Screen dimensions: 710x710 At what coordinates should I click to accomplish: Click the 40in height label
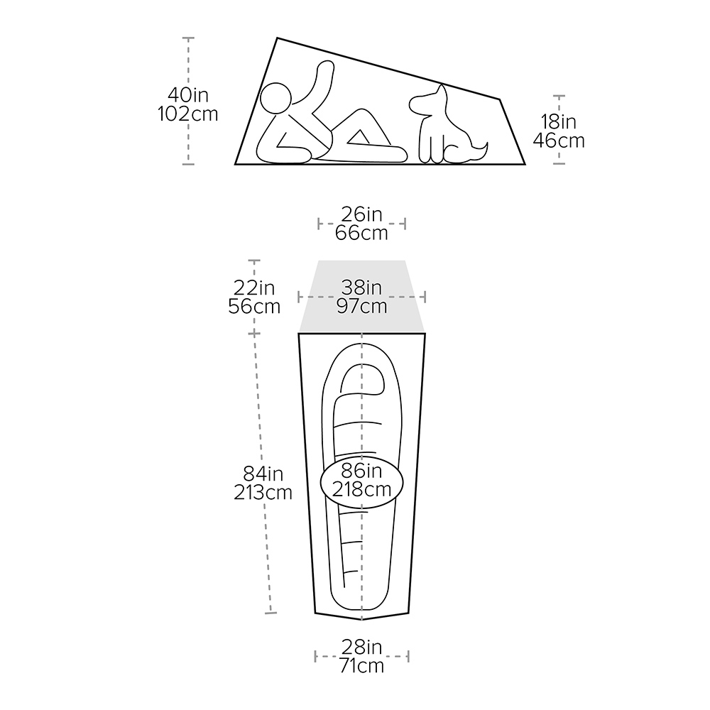click(x=188, y=95)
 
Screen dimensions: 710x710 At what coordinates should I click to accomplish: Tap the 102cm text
click(x=188, y=114)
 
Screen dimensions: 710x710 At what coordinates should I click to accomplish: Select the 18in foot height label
click(x=559, y=122)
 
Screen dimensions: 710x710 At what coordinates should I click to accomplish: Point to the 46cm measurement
click(x=559, y=141)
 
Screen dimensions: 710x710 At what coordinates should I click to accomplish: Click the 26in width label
click(x=361, y=214)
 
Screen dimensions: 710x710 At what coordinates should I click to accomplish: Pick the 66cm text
click(x=361, y=233)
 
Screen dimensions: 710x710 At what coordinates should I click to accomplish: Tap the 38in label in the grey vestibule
click(x=361, y=288)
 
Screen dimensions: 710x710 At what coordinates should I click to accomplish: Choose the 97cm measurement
click(x=361, y=306)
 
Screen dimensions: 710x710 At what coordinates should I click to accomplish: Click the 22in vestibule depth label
click(x=254, y=288)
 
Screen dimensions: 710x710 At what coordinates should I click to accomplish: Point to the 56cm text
click(x=254, y=306)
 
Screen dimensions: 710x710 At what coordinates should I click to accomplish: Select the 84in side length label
click(x=263, y=474)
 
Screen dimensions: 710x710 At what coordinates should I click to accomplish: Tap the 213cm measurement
click(x=263, y=492)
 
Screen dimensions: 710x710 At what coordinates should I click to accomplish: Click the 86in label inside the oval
click(x=361, y=471)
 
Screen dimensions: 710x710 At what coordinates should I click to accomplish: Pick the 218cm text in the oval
click(x=361, y=489)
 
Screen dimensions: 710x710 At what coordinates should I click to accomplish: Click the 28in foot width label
click(x=361, y=647)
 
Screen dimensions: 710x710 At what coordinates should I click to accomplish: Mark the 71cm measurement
click(x=361, y=666)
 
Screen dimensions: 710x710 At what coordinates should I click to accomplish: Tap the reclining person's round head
click(x=275, y=98)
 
